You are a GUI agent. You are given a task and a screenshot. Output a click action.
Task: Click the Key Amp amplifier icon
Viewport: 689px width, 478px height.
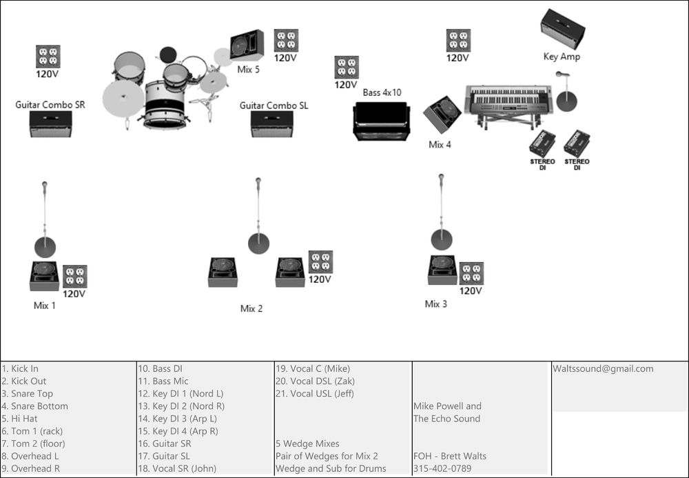(x=562, y=28)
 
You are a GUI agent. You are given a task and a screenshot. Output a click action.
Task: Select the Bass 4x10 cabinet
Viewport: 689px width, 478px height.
(x=382, y=121)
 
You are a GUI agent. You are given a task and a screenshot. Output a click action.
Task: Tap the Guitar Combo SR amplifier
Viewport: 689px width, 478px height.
(x=50, y=123)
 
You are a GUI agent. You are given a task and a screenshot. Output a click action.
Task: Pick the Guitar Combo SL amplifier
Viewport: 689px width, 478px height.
(x=271, y=123)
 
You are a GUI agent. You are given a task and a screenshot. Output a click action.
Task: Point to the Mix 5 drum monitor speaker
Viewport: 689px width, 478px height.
(x=247, y=46)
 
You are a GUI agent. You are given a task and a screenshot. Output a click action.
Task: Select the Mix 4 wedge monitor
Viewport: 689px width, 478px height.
(x=442, y=114)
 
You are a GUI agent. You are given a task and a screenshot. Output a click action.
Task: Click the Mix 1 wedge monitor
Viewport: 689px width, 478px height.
(x=45, y=275)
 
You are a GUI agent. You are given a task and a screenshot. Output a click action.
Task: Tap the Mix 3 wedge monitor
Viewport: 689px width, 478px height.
(x=442, y=269)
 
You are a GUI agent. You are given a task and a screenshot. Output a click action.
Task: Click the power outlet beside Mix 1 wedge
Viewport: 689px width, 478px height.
(x=74, y=276)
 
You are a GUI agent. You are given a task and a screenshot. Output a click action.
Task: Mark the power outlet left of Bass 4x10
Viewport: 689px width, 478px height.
(x=346, y=68)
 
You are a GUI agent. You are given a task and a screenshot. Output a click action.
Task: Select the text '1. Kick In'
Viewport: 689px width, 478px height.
(x=20, y=368)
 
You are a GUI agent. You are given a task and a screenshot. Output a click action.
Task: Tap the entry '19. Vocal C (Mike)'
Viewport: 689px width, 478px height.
(x=312, y=368)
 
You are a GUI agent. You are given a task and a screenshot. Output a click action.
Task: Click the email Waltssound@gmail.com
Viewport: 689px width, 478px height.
(x=603, y=368)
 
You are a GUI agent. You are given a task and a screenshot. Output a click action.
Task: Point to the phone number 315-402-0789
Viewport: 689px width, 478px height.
(x=442, y=468)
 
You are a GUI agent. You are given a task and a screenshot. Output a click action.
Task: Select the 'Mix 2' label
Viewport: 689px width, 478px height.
(x=251, y=308)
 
